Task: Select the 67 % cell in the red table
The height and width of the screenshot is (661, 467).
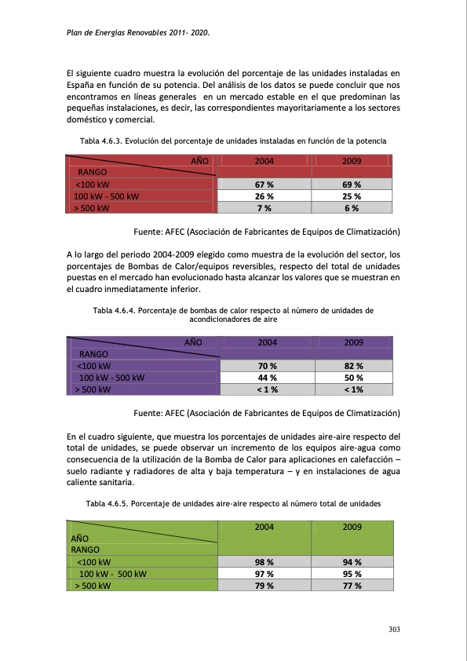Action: [264, 184]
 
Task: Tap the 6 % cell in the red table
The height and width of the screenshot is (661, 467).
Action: [352, 208]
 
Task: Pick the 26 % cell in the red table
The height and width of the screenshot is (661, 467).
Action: [264, 196]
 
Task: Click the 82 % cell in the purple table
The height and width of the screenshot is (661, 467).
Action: [353, 366]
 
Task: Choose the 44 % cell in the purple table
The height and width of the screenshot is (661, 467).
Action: [267, 378]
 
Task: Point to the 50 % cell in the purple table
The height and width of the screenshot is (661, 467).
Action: [353, 378]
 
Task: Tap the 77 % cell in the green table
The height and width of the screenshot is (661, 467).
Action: [352, 586]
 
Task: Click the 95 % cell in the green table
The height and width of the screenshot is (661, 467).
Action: [352, 574]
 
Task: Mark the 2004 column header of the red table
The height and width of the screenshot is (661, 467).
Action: [264, 161]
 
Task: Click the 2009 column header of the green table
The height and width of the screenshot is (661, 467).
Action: [352, 527]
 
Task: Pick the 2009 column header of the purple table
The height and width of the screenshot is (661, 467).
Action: [353, 342]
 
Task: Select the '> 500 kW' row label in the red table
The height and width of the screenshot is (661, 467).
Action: [92, 209]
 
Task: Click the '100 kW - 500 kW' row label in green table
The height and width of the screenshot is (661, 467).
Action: [113, 574]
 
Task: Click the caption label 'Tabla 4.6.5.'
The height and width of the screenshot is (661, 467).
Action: [109, 504]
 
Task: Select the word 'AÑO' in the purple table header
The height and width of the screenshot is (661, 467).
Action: [193, 342]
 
